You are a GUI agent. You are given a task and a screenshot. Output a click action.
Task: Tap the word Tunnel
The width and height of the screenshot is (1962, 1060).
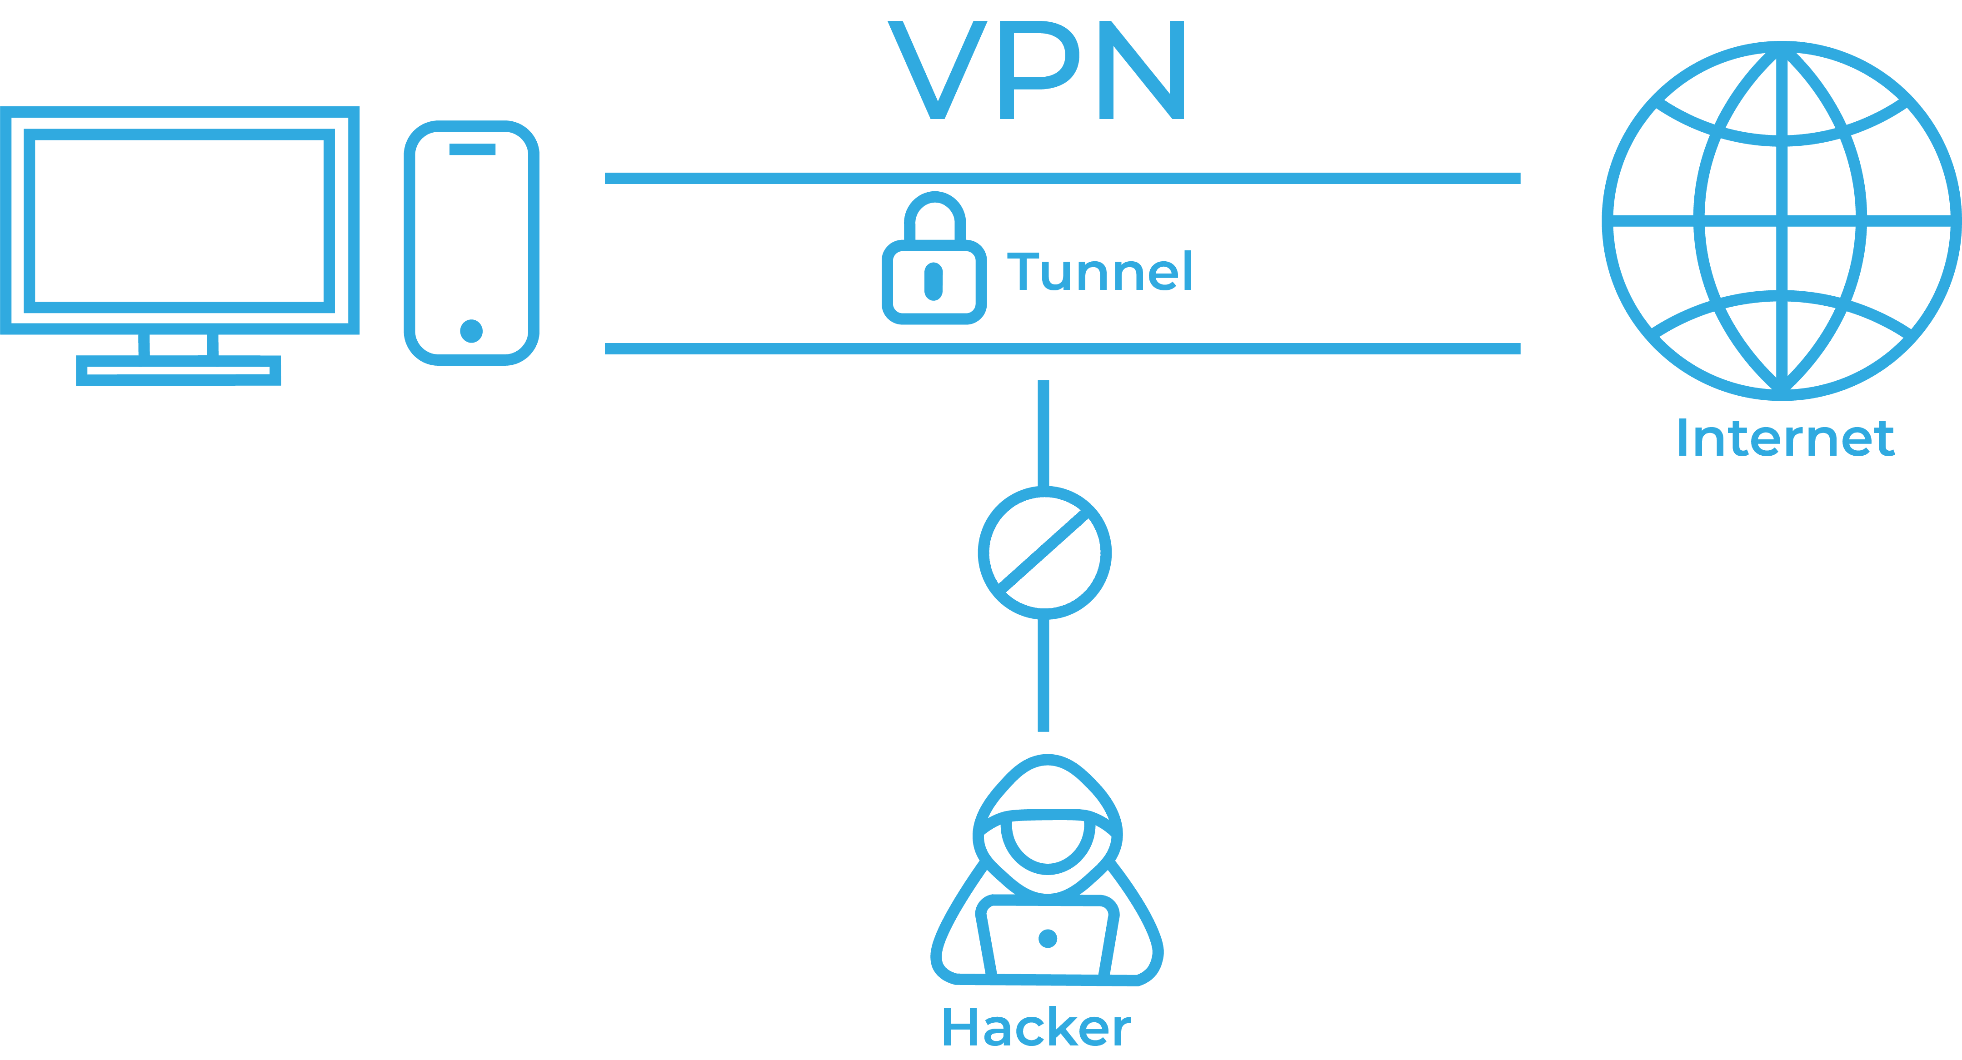(x=1099, y=273)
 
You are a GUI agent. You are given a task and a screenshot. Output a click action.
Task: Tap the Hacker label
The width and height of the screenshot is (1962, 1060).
(x=1036, y=1028)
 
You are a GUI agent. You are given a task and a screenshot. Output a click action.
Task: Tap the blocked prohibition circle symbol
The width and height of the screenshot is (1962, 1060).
(x=1044, y=553)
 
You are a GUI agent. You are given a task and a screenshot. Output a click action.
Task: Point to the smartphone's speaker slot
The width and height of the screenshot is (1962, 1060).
(x=472, y=149)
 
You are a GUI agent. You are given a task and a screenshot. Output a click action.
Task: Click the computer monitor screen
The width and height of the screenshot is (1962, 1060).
(x=180, y=221)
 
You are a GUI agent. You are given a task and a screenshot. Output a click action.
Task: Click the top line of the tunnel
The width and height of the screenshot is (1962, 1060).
(x=1063, y=178)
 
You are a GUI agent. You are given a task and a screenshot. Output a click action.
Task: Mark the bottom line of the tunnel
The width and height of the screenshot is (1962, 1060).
(x=1063, y=349)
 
